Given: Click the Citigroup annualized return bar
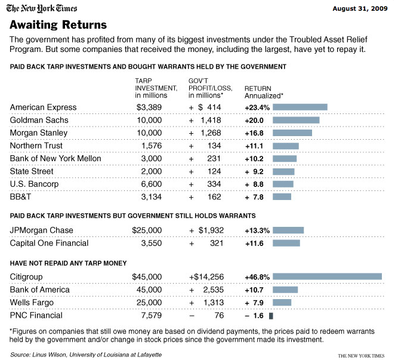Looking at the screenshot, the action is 327,276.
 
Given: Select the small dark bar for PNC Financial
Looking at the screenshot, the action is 271,316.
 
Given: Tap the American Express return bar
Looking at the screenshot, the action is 300,107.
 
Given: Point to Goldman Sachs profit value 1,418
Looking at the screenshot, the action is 211,120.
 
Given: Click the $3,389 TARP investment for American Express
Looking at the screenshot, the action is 149,107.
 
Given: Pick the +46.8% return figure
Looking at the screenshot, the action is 257,277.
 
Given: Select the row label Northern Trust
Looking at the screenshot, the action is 36,146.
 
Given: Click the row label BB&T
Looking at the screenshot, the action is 20,196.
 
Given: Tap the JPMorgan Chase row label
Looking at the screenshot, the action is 42,230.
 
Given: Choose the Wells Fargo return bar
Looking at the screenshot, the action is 282,302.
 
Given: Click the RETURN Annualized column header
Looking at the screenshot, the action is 264,93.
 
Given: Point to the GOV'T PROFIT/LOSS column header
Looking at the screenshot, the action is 211,88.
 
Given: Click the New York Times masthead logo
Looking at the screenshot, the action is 42,8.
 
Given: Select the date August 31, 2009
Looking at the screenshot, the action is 360,8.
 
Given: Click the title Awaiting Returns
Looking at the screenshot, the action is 58,24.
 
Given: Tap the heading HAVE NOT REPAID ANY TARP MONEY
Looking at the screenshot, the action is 68,263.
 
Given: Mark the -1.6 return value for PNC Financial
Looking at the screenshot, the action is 254,316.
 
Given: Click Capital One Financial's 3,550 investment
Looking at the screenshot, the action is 151,243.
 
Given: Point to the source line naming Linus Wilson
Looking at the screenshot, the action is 86,355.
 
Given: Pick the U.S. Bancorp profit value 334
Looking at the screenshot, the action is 214,184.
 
